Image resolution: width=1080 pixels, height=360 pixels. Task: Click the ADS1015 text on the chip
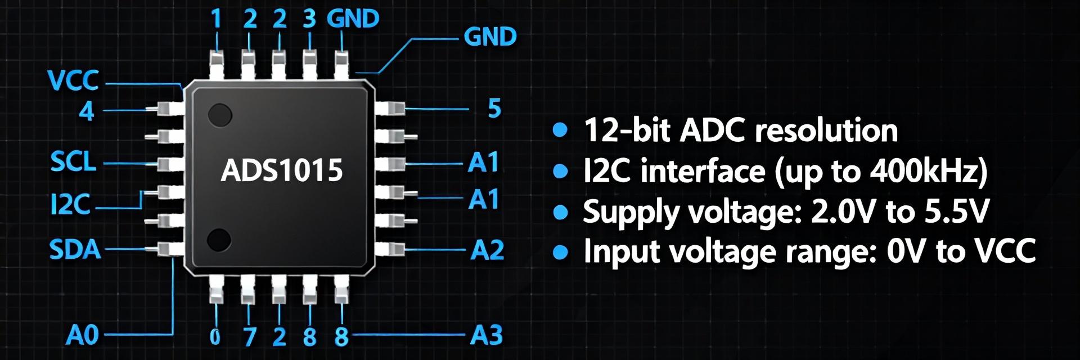(282, 170)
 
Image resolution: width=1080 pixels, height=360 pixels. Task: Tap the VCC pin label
(74, 81)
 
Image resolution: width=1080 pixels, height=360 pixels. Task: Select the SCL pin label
(73, 163)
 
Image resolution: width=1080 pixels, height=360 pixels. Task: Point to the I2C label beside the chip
(70, 205)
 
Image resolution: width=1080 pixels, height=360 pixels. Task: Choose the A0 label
(82, 335)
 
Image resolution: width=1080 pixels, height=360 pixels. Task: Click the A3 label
(486, 335)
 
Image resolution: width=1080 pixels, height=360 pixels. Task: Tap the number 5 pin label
(494, 109)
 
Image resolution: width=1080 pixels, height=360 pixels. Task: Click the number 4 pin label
(86, 111)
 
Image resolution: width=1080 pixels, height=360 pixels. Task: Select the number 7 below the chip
(249, 337)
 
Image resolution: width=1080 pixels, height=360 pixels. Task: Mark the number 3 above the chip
(309, 19)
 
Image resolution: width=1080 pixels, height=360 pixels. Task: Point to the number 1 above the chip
(216, 20)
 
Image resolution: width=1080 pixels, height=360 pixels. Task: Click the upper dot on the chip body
(220, 115)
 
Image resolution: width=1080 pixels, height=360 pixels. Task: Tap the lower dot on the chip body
(219, 240)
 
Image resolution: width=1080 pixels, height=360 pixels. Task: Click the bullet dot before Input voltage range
(560, 252)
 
